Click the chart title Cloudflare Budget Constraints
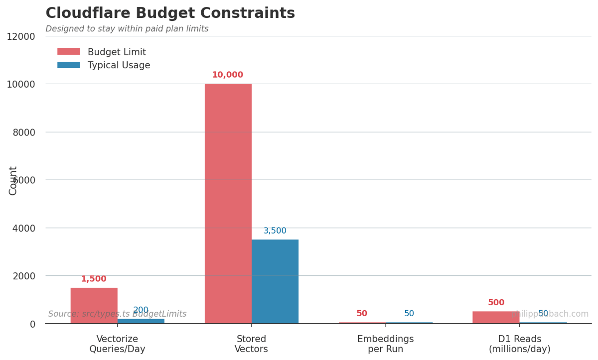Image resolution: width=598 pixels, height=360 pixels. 170,13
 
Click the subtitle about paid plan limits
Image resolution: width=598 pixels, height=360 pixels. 127,29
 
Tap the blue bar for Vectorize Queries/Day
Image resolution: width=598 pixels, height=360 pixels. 141,321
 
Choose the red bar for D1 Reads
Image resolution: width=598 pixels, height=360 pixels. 496,317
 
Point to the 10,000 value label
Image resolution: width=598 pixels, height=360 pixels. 228,75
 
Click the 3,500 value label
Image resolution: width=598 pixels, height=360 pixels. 275,231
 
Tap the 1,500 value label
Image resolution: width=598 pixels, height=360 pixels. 94,279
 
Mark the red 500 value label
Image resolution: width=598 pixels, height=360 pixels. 496,303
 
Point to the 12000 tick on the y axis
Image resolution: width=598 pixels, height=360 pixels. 20,36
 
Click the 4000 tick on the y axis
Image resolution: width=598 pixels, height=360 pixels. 24,228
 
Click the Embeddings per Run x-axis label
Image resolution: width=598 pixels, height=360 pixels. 385,344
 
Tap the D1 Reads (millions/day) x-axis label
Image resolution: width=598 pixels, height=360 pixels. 519,344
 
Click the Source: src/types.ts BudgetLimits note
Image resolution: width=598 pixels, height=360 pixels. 117,314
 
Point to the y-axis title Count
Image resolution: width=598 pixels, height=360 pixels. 13,180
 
